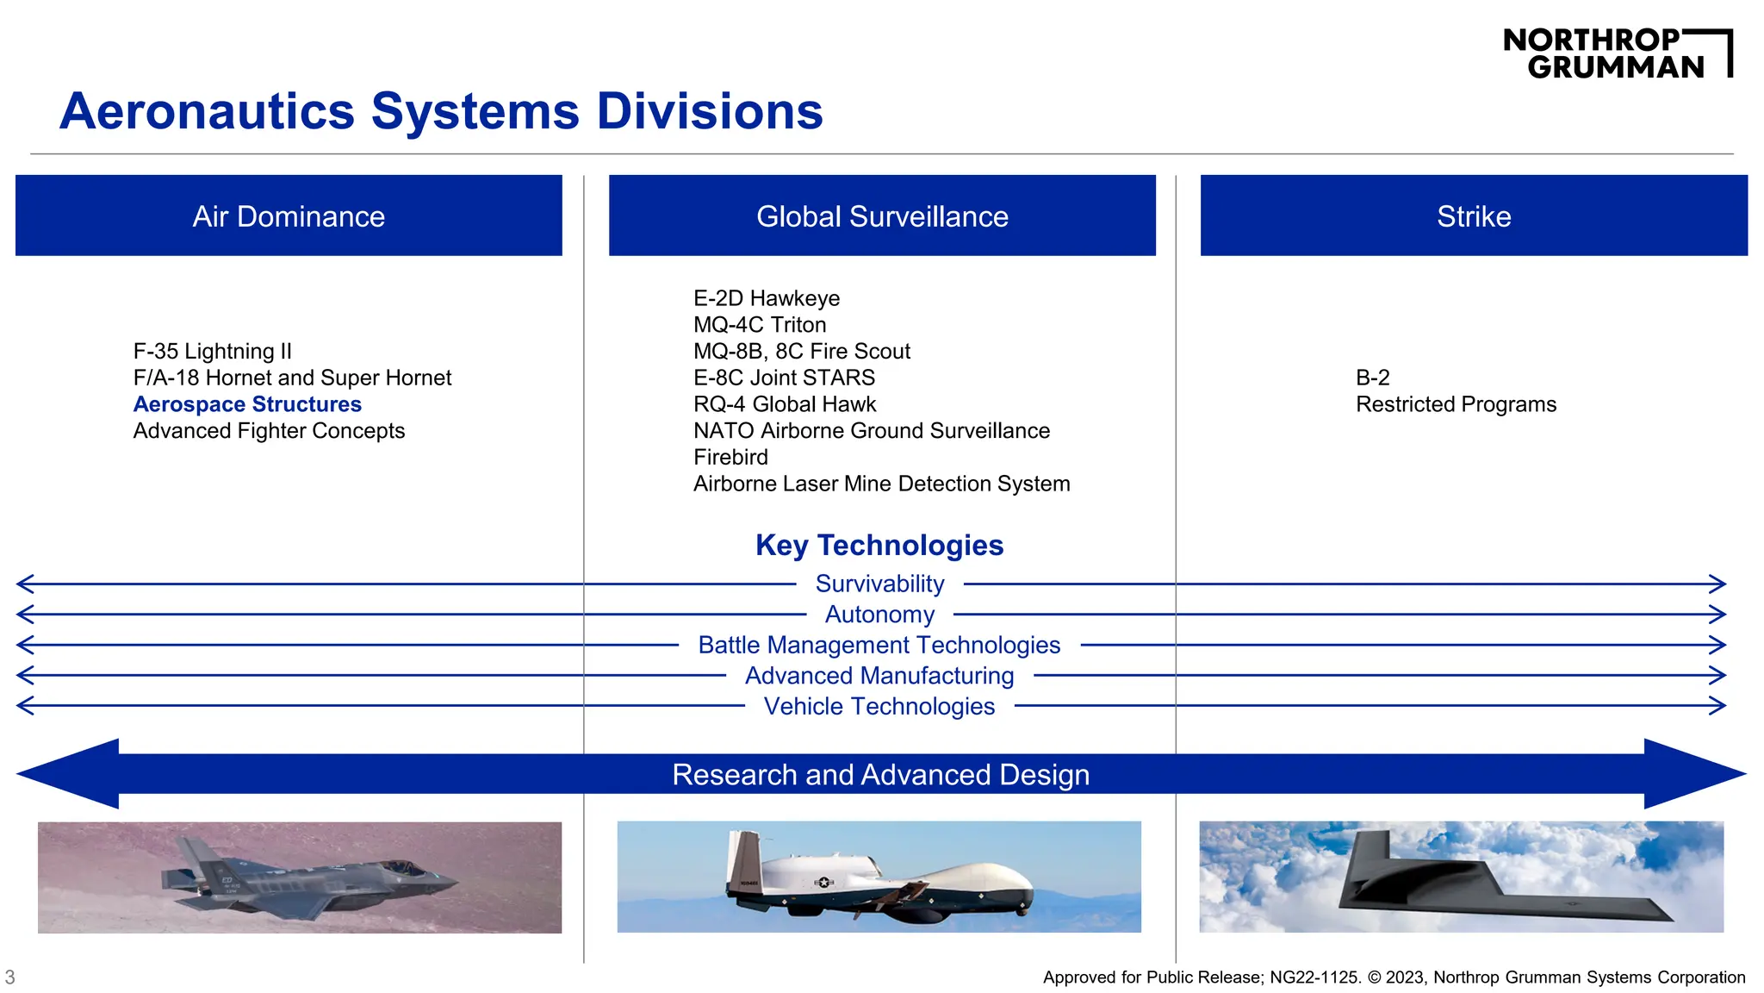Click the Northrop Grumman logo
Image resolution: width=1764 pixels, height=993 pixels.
tap(1617, 53)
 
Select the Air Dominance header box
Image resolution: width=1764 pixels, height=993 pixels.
tap(289, 215)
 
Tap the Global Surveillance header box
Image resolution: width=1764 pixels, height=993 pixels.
tap(882, 215)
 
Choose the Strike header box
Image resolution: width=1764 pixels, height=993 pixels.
tap(1474, 215)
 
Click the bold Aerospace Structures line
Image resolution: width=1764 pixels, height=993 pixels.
tap(247, 404)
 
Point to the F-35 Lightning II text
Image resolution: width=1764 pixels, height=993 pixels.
tap(212, 352)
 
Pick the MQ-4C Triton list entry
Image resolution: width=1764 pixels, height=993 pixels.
tap(760, 325)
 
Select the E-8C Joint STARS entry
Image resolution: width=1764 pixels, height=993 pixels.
tap(784, 378)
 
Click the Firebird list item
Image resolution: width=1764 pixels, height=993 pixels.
tap(730, 457)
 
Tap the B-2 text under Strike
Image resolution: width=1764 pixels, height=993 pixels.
tap(1373, 378)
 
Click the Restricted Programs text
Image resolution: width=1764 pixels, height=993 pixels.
tap(1456, 404)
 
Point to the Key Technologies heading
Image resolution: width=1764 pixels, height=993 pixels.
tap(879, 546)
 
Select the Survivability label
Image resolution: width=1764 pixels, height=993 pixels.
tap(879, 584)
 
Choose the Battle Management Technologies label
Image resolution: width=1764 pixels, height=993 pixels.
tap(879, 646)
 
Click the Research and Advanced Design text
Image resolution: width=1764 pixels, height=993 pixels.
tap(880, 775)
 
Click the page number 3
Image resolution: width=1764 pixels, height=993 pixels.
tap(10, 977)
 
